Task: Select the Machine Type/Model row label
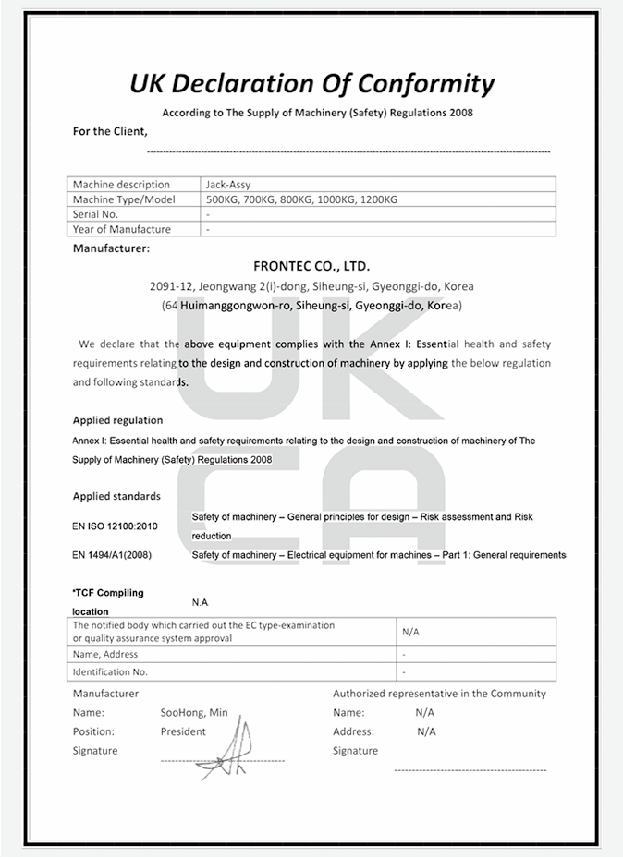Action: click(x=124, y=199)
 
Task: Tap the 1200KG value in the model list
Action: click(x=379, y=199)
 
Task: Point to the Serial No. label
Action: click(x=96, y=214)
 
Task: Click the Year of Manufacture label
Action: click(x=121, y=229)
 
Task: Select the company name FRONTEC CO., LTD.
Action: click(x=311, y=266)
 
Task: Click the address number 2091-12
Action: click(x=171, y=286)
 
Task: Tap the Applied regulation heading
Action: click(x=117, y=420)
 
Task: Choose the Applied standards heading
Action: click(x=116, y=496)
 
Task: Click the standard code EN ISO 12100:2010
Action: click(x=115, y=526)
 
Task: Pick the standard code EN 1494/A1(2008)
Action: click(x=112, y=555)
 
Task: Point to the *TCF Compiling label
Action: click(x=108, y=593)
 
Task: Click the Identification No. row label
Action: click(x=110, y=671)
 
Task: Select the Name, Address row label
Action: click(x=105, y=654)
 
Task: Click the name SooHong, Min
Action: click(x=194, y=712)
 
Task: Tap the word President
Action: click(x=183, y=731)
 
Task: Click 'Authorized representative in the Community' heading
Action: click(x=439, y=694)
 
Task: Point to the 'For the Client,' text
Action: click(x=110, y=131)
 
